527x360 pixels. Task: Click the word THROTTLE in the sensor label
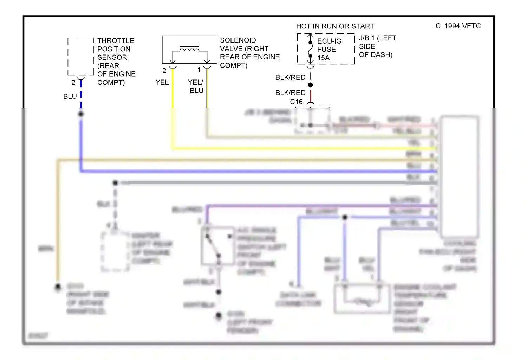click(116, 41)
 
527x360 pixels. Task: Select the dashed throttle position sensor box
click(81, 57)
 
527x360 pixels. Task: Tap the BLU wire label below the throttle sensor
click(70, 96)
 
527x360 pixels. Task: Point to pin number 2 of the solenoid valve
click(164, 71)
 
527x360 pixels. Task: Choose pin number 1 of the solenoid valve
click(199, 70)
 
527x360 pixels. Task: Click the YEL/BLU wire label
click(196, 86)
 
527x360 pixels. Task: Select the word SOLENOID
click(238, 40)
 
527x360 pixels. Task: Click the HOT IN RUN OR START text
click(335, 26)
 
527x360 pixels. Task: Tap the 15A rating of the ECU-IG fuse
click(324, 58)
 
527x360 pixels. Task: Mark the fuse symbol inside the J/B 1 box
click(310, 49)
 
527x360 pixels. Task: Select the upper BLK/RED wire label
click(290, 77)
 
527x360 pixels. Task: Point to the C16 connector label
click(296, 102)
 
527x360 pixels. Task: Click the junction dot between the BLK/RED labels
click(310, 85)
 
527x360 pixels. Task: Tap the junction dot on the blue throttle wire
click(81, 114)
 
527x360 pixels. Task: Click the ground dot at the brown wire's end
click(58, 287)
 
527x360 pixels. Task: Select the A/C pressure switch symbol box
click(218, 246)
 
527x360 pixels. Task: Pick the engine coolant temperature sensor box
click(362, 298)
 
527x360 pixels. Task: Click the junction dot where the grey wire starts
click(115, 183)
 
